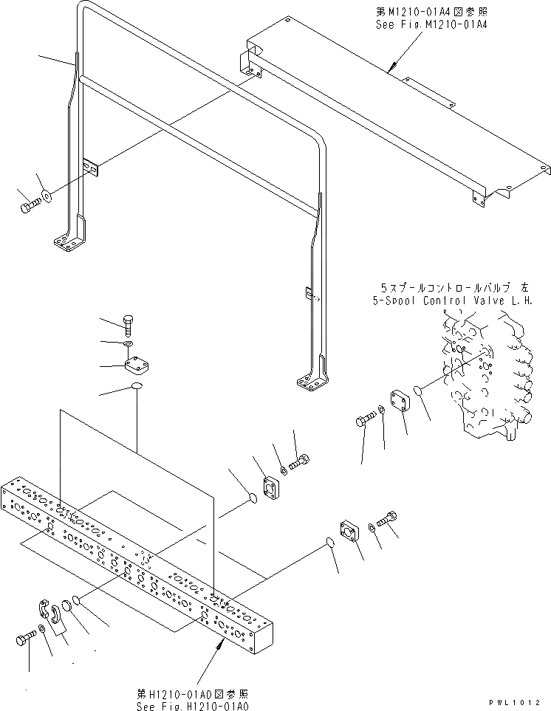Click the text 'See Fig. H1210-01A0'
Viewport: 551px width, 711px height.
click(x=193, y=705)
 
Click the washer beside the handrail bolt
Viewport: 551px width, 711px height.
click(x=47, y=196)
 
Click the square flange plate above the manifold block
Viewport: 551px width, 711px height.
click(x=138, y=366)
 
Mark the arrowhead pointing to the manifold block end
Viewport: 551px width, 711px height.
click(x=221, y=644)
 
